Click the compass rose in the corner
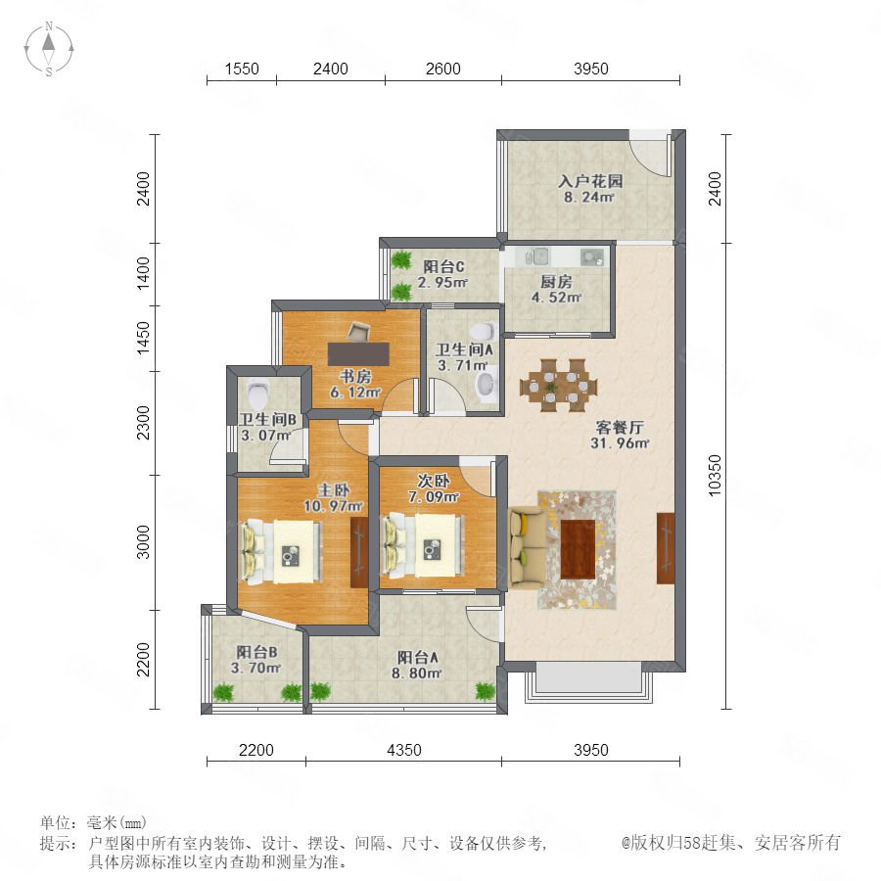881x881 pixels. tap(49, 49)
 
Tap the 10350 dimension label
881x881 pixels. tap(715, 476)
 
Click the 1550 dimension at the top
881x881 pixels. tap(242, 69)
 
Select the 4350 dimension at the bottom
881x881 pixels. tap(404, 750)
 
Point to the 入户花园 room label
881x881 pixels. tap(590, 181)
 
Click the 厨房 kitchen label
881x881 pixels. tap(556, 281)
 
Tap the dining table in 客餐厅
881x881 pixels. tap(559, 386)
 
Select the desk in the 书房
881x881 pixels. tap(358, 354)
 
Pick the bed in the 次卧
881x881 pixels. tap(423, 546)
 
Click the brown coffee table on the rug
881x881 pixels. tap(578, 549)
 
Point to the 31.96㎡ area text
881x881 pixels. tap(620, 442)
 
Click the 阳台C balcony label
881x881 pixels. tap(443, 266)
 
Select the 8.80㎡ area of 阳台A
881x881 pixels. tap(416, 672)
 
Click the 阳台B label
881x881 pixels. tap(256, 652)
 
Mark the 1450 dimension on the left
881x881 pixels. tap(144, 339)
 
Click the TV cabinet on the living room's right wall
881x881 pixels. tap(666, 548)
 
